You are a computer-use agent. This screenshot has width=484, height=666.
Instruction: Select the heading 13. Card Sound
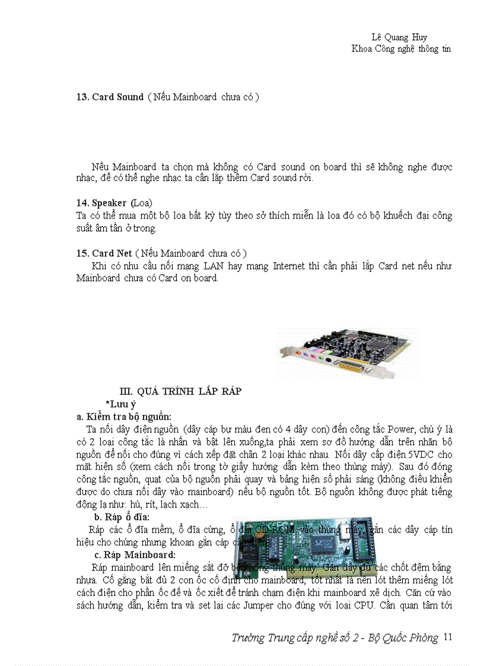coord(110,97)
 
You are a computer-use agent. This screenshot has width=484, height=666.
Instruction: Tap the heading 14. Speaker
coord(101,203)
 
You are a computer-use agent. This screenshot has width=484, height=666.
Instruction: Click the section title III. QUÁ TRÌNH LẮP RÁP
coord(180,391)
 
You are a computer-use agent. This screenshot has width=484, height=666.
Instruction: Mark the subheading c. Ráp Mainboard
coord(135,555)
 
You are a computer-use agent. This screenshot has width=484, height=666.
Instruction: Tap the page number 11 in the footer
coord(448,638)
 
